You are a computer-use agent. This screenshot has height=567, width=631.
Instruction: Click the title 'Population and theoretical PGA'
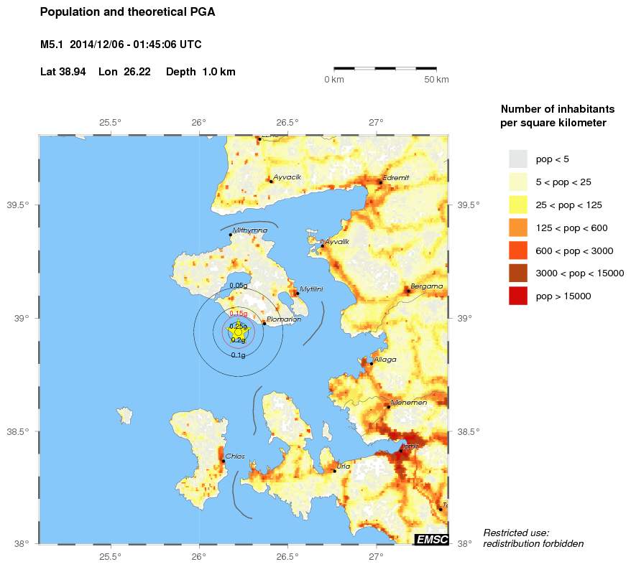(x=127, y=12)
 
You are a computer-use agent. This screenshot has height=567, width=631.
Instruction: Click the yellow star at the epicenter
(x=238, y=332)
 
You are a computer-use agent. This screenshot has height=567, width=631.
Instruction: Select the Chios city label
(x=235, y=456)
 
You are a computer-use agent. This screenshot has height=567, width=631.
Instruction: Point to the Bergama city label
(x=426, y=286)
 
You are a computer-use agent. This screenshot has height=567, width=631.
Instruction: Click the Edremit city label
(x=396, y=177)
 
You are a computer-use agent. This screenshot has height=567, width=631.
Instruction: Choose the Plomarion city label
(x=279, y=319)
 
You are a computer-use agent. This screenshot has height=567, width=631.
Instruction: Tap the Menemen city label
(x=409, y=403)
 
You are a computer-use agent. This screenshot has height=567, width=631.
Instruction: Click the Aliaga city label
(x=384, y=360)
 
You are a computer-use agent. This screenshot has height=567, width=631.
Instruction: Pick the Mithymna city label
(x=250, y=230)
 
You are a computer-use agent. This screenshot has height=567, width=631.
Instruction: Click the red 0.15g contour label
(x=238, y=314)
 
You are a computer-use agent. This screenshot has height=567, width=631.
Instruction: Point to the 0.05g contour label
(x=238, y=286)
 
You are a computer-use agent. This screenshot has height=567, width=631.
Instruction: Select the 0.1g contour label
(x=238, y=355)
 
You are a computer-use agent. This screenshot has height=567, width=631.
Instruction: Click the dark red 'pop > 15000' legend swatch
(x=517, y=296)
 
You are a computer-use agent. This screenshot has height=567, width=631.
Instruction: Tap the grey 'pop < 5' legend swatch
(x=517, y=159)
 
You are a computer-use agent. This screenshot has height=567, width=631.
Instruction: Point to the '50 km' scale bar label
(x=437, y=79)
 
